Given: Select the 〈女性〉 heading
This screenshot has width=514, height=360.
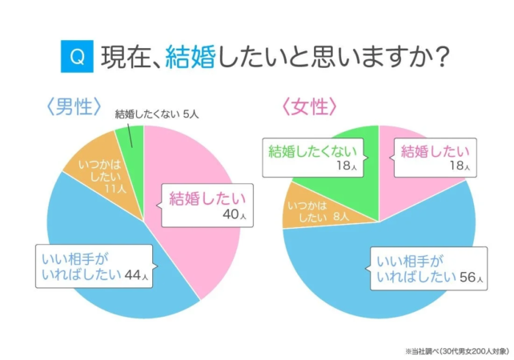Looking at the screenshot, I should pos(309,108).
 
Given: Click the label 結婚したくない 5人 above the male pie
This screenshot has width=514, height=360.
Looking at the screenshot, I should pos(157,114).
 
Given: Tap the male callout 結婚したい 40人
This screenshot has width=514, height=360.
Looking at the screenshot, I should pos(207,202).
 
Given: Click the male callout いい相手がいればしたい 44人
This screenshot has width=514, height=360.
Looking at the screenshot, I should pos(94,267).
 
